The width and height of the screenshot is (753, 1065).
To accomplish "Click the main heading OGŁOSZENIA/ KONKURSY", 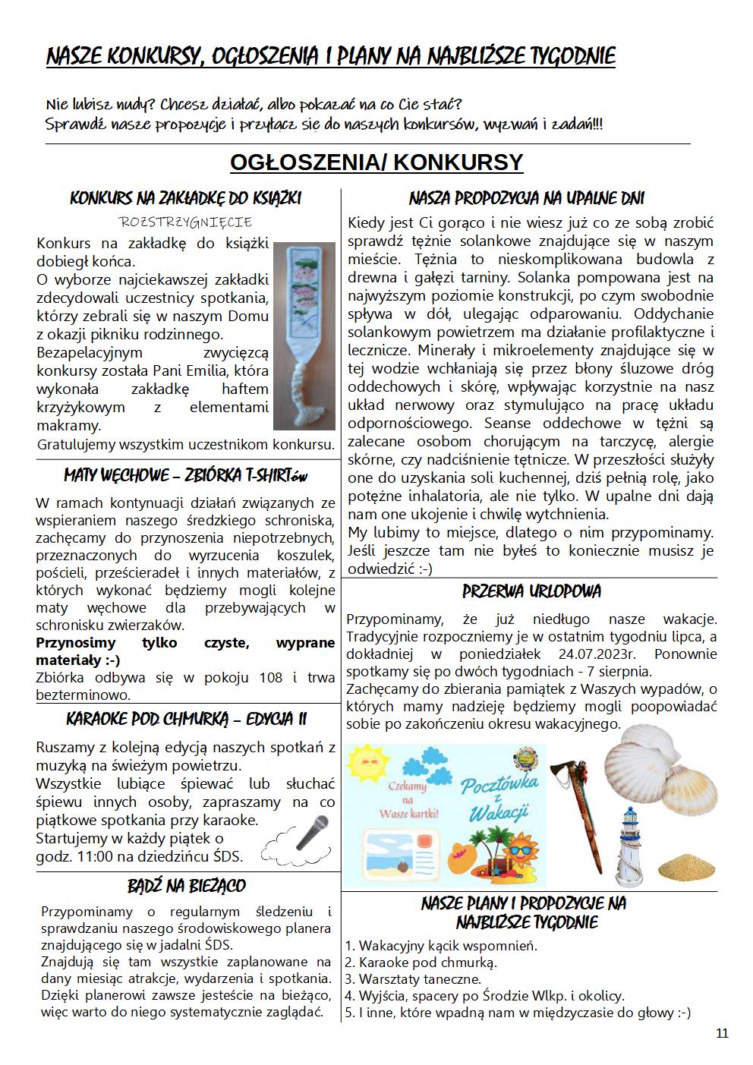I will click(376, 162).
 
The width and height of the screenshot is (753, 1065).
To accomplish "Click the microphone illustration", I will click(311, 832).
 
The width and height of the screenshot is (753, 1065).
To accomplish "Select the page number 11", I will click(722, 1033).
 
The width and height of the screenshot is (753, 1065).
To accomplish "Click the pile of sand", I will click(686, 865).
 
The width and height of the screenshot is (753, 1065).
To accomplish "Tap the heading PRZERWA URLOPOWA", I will click(531, 591).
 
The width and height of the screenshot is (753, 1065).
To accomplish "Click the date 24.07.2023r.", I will click(605, 654).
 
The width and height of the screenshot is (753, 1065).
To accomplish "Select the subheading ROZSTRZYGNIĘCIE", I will click(186, 222).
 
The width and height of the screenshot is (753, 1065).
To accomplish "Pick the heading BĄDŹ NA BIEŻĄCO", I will click(187, 886).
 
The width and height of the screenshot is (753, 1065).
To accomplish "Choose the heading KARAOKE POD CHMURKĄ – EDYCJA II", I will click(187, 719).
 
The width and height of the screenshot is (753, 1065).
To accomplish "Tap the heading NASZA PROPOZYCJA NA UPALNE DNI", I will click(527, 199).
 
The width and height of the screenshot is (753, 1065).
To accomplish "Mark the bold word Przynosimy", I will click(76, 643).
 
